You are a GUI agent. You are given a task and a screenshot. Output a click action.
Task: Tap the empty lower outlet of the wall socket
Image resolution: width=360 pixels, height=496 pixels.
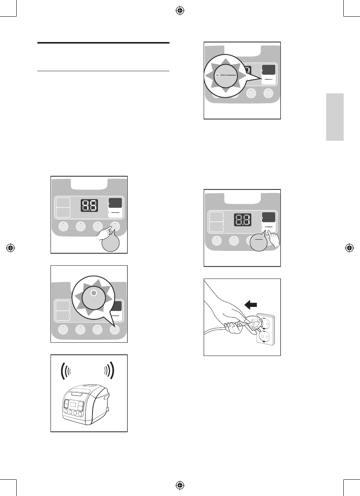(x=264, y=335)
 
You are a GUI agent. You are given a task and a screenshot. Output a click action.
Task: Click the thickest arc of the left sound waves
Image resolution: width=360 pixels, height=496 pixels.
(x=62, y=372)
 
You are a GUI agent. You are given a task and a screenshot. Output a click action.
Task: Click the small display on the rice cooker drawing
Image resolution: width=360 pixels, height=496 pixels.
(x=72, y=407)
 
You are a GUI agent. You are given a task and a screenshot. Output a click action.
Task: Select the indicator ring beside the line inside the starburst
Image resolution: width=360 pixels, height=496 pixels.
(x=218, y=75)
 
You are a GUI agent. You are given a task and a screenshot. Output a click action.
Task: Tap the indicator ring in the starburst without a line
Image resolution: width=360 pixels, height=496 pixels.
(x=93, y=293)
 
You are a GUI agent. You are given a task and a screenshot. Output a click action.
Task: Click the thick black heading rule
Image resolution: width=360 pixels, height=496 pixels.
(x=104, y=43)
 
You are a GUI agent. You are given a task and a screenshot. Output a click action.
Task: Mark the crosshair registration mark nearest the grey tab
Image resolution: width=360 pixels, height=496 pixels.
(x=350, y=248)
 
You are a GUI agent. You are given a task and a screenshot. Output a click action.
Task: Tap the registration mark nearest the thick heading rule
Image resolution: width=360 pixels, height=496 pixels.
(x=180, y=11)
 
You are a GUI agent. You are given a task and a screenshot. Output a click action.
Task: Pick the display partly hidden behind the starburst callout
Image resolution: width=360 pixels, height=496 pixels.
(x=247, y=70)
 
